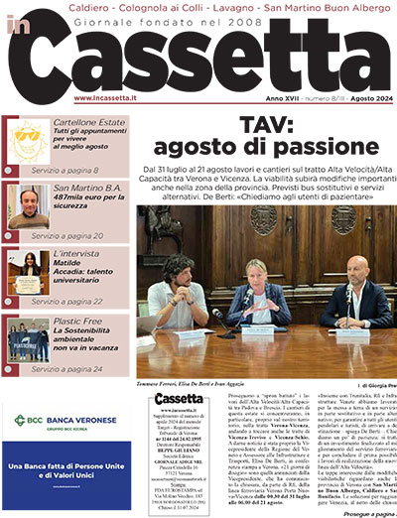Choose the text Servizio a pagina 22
point(80,301)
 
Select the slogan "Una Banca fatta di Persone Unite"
point(69,465)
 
